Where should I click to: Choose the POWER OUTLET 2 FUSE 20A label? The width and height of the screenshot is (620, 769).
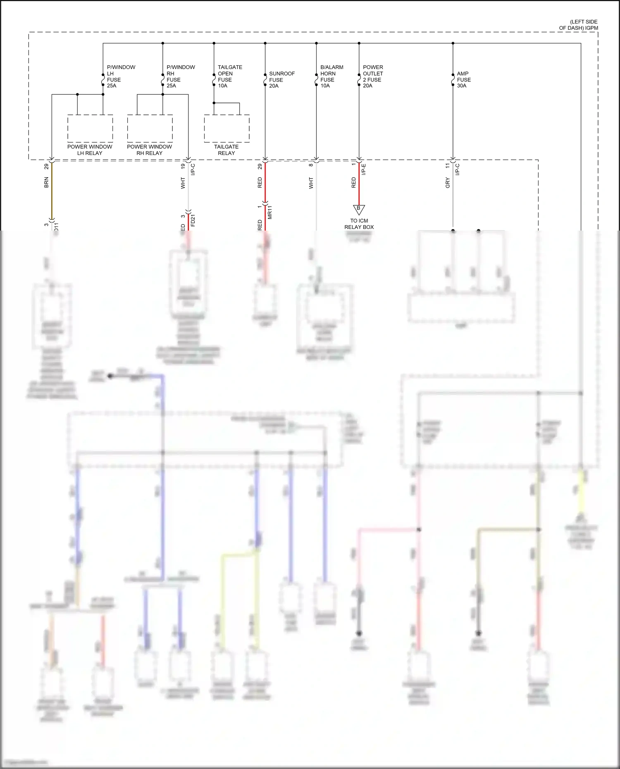pos(372,76)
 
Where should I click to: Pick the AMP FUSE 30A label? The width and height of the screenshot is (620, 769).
pos(463,79)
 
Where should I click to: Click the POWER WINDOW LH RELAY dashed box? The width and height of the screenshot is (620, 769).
pos(90,129)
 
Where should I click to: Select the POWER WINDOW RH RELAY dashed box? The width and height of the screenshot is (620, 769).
pos(150,129)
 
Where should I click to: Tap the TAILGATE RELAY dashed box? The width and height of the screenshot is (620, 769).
pos(227,129)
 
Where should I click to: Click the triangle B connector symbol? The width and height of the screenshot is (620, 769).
pos(359,209)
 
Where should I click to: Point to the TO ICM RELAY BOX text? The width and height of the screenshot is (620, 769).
pos(359,224)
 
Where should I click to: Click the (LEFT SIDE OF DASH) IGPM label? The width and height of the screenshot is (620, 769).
pos(579,25)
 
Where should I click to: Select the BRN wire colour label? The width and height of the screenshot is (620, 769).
pos(46,182)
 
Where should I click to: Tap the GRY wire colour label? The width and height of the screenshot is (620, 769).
pos(448,183)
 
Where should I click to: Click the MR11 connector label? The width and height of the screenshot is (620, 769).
pos(270,212)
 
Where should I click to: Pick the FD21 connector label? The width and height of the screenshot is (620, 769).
pos(193,220)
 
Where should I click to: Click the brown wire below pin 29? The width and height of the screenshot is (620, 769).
pos(52,190)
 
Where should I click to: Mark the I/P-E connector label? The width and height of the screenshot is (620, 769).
pos(364,169)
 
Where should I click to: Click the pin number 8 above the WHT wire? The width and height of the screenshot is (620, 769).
pos(311,165)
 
